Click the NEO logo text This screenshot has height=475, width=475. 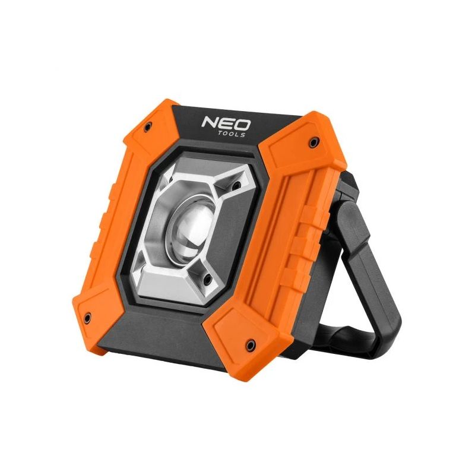tap(226, 124)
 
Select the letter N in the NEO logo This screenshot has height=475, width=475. tap(210, 123)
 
